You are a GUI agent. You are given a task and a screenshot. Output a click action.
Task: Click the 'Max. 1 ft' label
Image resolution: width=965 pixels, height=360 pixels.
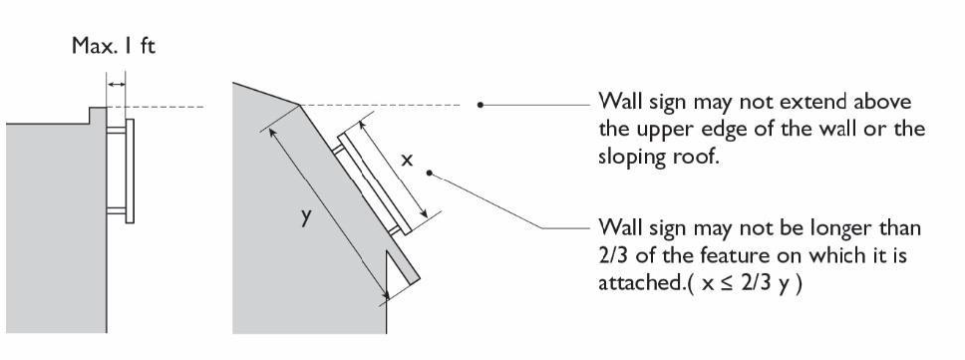[x=114, y=48]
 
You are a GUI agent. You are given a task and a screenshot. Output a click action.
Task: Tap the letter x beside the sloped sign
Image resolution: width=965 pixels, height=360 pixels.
[x=407, y=160]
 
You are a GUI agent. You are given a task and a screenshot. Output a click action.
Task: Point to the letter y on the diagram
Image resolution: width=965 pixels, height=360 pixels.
[x=306, y=219]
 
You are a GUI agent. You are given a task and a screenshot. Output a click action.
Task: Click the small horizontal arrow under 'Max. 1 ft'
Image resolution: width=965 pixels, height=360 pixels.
[x=117, y=85]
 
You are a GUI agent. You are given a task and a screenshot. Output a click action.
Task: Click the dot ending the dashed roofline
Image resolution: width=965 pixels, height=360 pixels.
[x=481, y=104]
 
